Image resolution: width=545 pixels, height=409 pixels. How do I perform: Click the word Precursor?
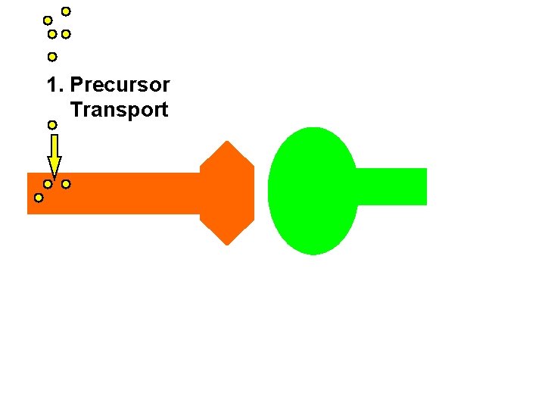120,85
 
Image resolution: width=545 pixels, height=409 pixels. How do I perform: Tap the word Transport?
119,110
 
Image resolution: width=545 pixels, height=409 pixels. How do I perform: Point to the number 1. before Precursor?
55,85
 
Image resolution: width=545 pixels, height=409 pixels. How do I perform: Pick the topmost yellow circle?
66,11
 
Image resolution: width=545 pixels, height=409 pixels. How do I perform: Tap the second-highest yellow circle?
48,20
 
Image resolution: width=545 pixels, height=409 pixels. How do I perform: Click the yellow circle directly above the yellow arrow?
51,124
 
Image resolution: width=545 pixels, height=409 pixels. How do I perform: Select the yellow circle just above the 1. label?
51,57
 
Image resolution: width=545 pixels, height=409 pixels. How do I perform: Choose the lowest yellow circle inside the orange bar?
39,198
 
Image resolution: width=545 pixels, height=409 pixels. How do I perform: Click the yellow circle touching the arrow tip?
48,184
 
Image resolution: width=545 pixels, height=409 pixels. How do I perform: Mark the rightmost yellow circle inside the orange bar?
66,184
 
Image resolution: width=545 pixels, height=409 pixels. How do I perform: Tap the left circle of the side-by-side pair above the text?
51,35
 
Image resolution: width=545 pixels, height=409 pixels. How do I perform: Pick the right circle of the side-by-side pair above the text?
66,35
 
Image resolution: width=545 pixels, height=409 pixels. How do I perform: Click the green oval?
312,191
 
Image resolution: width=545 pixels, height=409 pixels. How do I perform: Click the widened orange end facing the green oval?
227,193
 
